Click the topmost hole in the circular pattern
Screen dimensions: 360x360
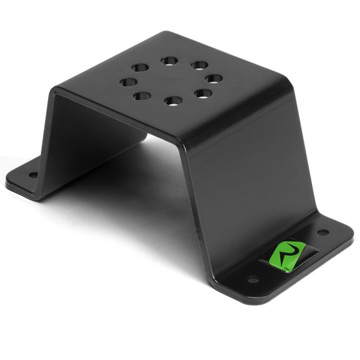pos(169,61)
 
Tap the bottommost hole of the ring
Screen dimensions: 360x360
pos(173,101)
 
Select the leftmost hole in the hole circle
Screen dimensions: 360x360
pos(128,82)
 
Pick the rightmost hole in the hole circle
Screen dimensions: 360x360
pos(214,79)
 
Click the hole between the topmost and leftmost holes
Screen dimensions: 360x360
pos(140,68)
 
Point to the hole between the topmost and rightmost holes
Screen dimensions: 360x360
pos(200,65)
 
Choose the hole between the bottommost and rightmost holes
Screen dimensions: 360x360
pos(203,94)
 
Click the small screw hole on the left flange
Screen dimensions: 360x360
pos(33,176)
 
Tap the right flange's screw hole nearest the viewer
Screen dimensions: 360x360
pos(253,279)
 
